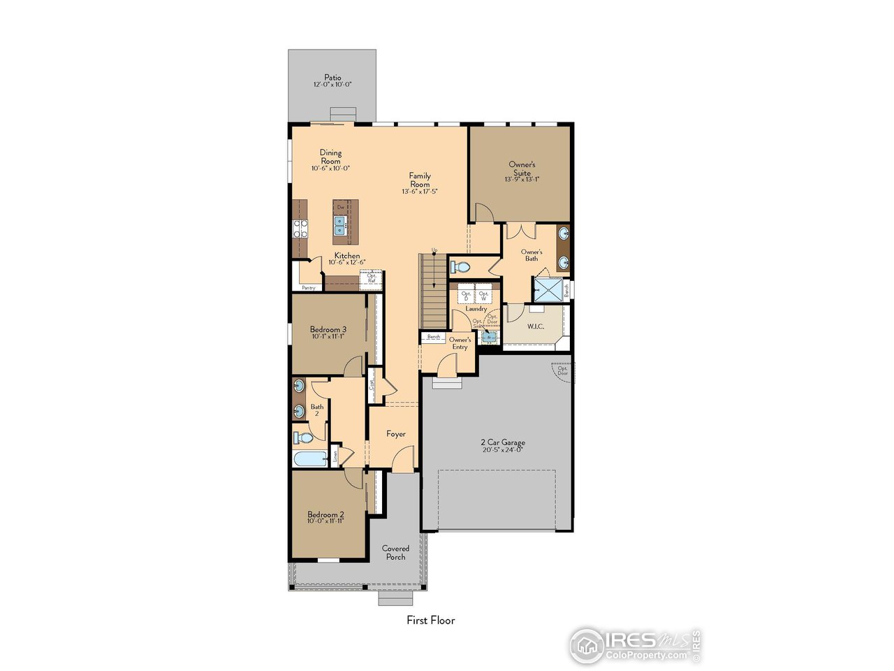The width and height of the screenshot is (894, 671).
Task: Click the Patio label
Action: [x=332, y=78]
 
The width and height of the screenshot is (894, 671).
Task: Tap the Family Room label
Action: [x=420, y=180]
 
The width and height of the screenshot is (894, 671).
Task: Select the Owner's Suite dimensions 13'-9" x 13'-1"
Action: [x=522, y=180]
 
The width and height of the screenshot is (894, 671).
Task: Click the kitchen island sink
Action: [x=340, y=224]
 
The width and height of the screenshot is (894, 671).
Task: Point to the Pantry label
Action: [x=308, y=287]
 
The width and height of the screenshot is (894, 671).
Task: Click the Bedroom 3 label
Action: [x=328, y=329]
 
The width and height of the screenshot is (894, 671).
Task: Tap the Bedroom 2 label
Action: [x=325, y=514]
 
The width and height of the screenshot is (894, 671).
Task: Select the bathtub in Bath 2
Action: [x=309, y=459]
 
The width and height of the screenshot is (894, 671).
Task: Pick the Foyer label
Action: [x=396, y=434]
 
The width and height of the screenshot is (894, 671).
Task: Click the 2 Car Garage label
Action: [x=503, y=442]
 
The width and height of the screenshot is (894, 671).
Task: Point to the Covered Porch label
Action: [x=395, y=552]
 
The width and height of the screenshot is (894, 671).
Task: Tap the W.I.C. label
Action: [x=535, y=326]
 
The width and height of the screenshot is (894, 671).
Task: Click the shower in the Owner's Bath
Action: [x=548, y=289]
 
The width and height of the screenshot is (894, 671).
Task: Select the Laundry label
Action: [x=476, y=309]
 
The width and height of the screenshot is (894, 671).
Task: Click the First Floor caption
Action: [x=431, y=620]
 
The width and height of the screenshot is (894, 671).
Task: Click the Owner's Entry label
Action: [x=460, y=343]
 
